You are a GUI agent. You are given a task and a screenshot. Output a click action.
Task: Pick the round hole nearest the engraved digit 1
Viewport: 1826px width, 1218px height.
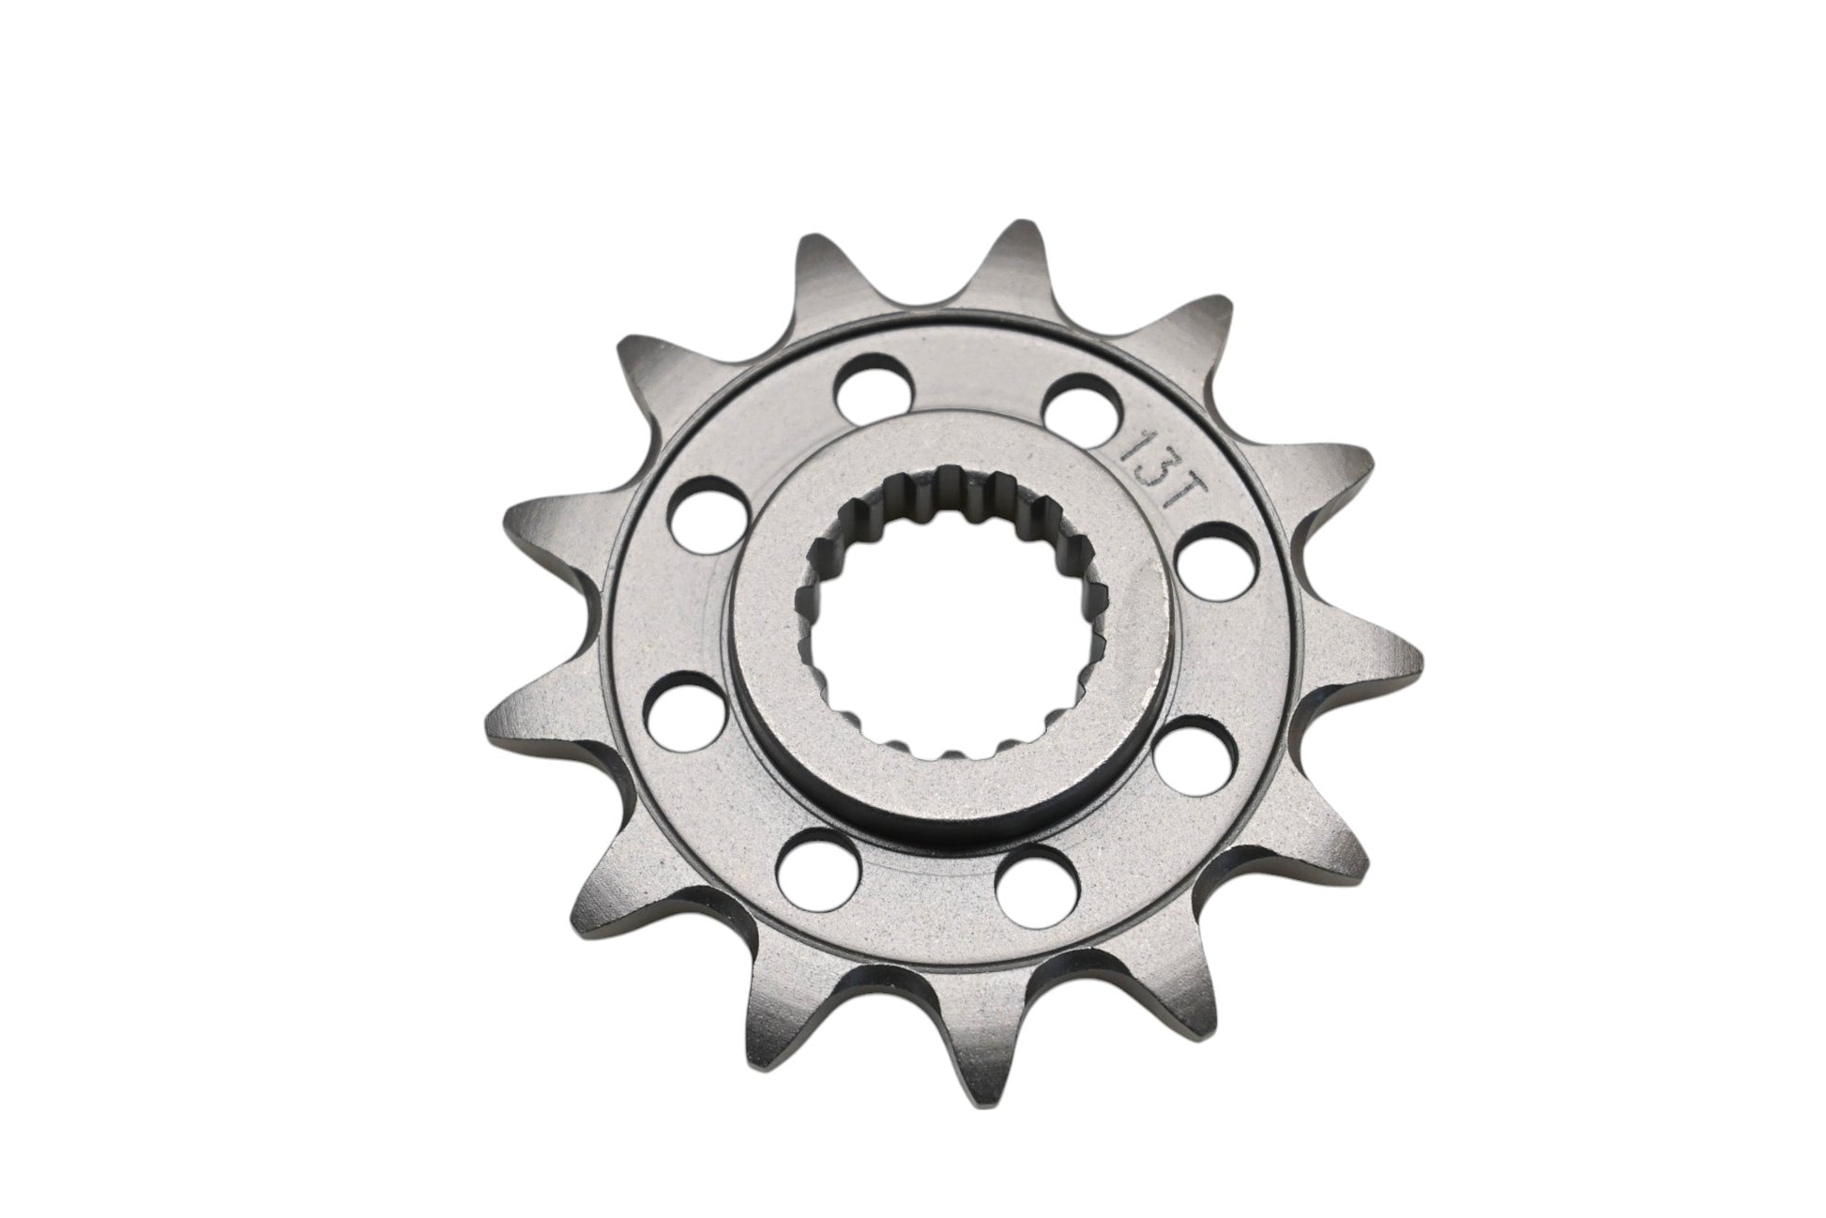point(1078,398)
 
